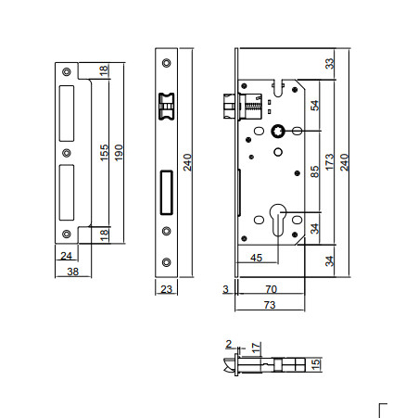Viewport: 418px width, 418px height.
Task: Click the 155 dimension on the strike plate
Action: [105, 152]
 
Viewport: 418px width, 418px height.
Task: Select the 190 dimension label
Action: [119, 152]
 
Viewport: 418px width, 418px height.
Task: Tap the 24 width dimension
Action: [66, 256]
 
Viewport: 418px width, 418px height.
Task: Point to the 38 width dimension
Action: [73, 272]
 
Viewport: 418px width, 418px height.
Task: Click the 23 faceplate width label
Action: [166, 289]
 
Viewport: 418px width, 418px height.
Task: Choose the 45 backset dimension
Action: [257, 258]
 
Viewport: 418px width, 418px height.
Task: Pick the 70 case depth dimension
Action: [272, 289]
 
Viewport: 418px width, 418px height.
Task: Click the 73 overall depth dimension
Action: [270, 305]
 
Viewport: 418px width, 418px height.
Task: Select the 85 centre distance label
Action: [314, 171]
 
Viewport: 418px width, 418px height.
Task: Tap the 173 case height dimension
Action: [330, 162]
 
